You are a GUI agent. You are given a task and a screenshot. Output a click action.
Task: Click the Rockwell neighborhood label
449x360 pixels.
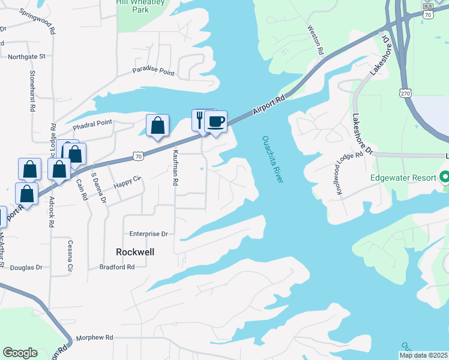[x=134, y=252]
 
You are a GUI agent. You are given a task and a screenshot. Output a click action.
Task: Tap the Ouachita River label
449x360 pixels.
[x=273, y=160]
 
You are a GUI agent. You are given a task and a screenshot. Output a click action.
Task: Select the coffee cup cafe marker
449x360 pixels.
[x=215, y=122]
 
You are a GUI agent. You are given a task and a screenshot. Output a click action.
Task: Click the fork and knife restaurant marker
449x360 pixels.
[x=200, y=120]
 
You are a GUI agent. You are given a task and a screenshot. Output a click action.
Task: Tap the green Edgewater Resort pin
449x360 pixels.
[x=445, y=178]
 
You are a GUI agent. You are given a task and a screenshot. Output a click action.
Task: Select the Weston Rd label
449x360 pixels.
[x=316, y=40]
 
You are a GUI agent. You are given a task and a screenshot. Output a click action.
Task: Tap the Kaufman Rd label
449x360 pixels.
[x=176, y=167]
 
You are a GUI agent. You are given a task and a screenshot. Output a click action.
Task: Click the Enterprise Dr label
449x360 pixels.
[x=148, y=233]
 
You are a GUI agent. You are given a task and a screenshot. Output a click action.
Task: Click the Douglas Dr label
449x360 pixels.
[x=27, y=268]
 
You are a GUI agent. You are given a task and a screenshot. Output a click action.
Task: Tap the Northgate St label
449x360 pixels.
[x=27, y=57]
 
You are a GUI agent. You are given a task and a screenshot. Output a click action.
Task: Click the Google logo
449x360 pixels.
[x=20, y=353]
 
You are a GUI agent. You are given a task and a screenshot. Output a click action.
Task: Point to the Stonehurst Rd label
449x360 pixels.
[x=32, y=91]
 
